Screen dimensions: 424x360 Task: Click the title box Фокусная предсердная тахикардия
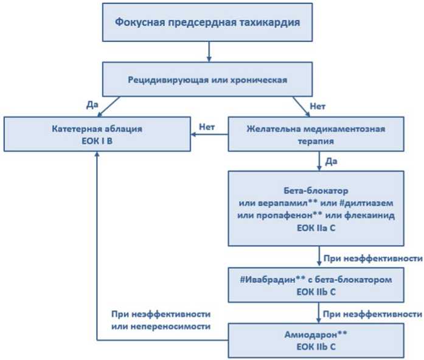click(207, 22)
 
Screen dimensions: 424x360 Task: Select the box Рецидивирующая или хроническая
click(207, 79)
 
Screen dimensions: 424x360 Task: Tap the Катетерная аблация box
click(97, 134)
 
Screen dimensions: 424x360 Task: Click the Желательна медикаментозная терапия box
click(316, 134)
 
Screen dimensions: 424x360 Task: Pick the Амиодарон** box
click(316, 341)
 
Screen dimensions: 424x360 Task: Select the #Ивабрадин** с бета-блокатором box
click(316, 285)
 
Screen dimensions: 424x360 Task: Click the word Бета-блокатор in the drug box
click(316, 191)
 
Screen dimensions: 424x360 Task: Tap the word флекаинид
click(370, 216)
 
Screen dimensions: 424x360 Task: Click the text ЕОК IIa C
click(316, 228)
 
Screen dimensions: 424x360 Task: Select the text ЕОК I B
click(97, 141)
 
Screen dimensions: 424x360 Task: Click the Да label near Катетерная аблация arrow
click(92, 105)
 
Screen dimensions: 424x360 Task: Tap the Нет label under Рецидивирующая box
click(318, 106)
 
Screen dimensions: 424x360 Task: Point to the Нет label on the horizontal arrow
click(207, 126)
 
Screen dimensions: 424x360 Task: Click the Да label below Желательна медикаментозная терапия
click(332, 161)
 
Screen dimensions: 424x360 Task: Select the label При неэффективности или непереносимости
click(161, 320)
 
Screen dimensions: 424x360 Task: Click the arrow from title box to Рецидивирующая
click(209, 52)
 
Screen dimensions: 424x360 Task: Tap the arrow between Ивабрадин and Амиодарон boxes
click(319, 313)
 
